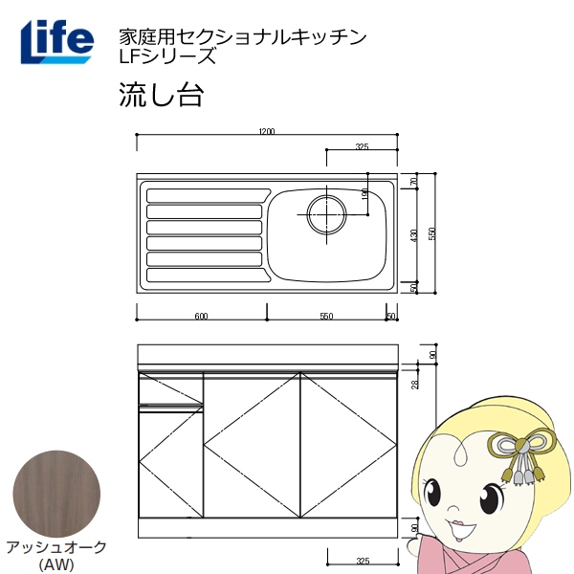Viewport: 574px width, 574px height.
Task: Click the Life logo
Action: [57, 42]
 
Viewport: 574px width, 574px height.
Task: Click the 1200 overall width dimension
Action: [267, 131]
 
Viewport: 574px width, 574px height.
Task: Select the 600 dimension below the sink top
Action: [201, 316]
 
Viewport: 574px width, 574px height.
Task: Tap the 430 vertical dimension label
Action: [414, 235]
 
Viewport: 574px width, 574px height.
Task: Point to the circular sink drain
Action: [326, 214]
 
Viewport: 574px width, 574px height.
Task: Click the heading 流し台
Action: [161, 95]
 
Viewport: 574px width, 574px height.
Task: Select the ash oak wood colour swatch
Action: [56, 494]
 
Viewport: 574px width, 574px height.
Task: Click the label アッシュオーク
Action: [56, 547]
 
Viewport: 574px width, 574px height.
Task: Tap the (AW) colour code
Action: [56, 563]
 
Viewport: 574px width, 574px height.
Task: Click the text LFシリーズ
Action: [167, 56]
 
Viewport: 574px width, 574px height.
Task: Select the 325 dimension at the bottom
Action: [363, 561]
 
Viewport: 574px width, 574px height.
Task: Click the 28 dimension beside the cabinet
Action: [415, 384]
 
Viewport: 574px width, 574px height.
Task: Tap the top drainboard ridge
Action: [209, 195]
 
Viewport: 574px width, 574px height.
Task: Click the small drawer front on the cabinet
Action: [170, 388]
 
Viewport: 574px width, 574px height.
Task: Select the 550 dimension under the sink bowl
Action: [326, 316]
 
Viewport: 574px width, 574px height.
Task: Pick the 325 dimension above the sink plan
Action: [362, 146]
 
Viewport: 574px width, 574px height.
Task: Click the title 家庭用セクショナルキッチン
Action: [242, 36]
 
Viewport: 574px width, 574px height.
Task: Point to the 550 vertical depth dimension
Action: [432, 233]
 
